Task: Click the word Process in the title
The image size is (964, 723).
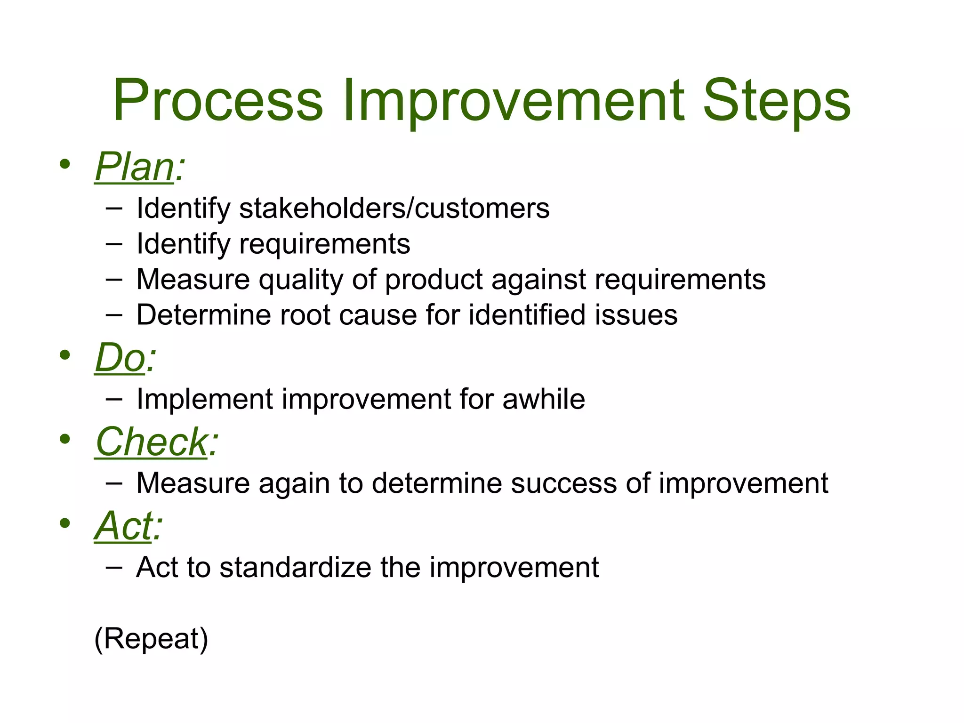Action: [x=218, y=101]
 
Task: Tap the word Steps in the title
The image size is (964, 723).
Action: [x=776, y=101]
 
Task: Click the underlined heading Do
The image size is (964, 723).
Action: [x=120, y=358]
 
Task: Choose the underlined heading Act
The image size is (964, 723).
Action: [x=124, y=526]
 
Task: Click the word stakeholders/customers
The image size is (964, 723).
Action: [x=394, y=208]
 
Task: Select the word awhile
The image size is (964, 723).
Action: [x=544, y=399]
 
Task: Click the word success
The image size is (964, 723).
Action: [x=564, y=483]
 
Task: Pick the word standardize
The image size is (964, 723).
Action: [x=296, y=567]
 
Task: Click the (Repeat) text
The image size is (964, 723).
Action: [x=151, y=639]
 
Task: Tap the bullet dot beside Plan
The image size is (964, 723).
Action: [x=65, y=164]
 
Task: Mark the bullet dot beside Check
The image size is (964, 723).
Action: [x=65, y=440]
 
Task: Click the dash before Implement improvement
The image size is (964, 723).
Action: [x=114, y=399]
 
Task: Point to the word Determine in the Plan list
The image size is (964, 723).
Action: [x=203, y=315]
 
